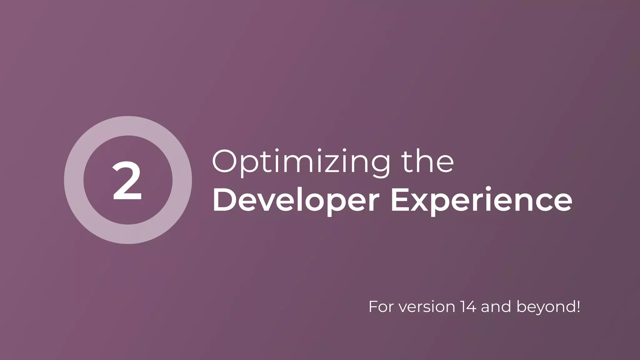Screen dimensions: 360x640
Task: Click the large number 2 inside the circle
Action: [127, 181]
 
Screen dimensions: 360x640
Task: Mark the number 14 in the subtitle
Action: [468, 307]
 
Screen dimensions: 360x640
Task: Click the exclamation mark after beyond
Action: [578, 307]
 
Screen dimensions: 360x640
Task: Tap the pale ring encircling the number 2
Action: [74, 180]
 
